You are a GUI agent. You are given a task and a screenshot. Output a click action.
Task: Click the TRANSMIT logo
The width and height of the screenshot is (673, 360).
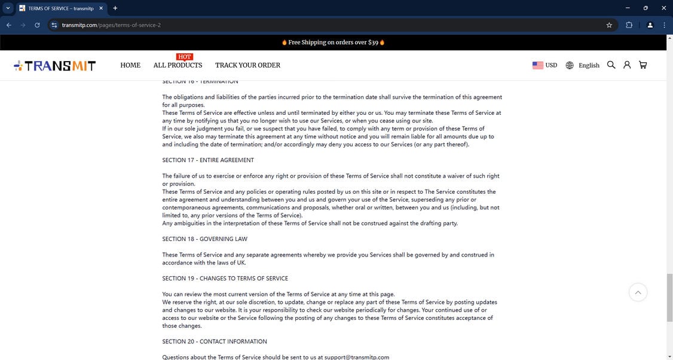click(55, 66)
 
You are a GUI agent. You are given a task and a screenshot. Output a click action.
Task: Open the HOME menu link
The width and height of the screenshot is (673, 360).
click(130, 65)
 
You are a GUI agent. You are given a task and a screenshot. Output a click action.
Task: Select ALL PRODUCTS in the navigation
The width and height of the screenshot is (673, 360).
click(178, 65)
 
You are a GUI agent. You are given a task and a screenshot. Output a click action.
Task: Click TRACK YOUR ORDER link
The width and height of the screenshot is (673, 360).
click(247, 65)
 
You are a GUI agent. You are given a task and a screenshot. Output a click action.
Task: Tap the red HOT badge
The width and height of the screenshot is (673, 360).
click(184, 57)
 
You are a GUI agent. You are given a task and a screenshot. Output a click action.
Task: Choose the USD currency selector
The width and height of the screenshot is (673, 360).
click(544, 65)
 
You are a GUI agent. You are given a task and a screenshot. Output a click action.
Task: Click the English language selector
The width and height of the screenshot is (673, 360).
click(583, 65)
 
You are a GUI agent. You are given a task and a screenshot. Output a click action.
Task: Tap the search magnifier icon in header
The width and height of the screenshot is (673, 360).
click(611, 65)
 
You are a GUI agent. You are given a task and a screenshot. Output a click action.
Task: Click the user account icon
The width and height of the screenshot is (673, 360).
click(627, 65)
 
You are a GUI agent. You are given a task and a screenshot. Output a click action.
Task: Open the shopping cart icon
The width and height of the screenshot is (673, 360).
click(643, 65)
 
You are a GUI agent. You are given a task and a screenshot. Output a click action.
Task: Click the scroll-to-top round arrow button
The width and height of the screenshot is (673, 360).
click(638, 292)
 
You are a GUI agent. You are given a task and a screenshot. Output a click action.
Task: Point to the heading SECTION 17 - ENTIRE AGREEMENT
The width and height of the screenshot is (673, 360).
click(208, 160)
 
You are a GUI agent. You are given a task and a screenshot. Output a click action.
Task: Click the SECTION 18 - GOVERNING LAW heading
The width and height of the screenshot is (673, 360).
click(204, 239)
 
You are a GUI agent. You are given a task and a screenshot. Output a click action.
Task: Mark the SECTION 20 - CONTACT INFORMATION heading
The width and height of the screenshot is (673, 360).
click(215, 342)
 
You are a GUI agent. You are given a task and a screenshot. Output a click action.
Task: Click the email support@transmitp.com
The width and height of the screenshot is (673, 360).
click(357, 357)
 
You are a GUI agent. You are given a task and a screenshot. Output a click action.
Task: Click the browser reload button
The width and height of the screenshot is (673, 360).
click(37, 25)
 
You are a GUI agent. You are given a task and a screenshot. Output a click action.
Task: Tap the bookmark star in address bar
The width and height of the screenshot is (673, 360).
click(609, 25)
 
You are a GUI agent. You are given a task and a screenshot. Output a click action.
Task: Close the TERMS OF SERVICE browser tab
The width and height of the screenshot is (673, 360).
click(100, 8)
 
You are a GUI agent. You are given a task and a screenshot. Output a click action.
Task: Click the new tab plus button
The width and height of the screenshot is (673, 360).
click(115, 8)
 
